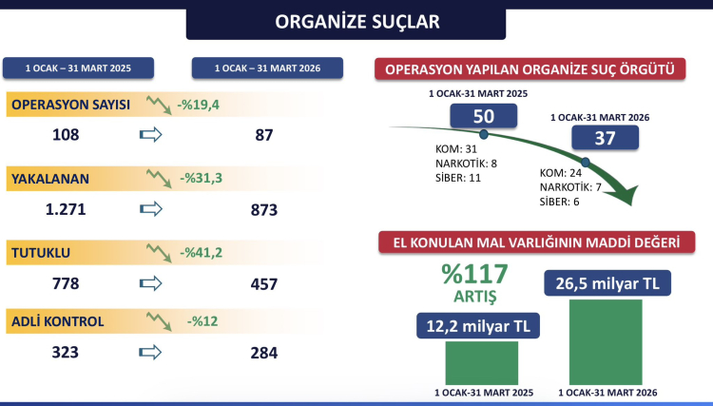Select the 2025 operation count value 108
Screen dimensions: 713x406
click(66, 135)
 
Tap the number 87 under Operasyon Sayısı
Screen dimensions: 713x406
click(263, 135)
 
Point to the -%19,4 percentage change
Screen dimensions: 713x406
click(199, 105)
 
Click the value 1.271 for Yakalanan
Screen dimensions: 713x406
click(66, 209)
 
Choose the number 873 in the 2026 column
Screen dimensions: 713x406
click(263, 209)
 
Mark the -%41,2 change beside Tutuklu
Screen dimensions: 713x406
click(201, 252)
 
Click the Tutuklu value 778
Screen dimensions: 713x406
click(66, 283)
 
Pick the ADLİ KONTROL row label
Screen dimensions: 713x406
click(57, 321)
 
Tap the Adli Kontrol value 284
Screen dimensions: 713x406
click(263, 353)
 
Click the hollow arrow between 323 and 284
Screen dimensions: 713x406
click(150, 353)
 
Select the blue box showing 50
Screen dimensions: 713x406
click(483, 116)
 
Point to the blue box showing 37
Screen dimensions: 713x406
click(605, 138)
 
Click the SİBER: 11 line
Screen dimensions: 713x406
click(458, 178)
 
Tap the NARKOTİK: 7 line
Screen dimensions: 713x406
click(570, 187)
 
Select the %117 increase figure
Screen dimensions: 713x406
click(474, 274)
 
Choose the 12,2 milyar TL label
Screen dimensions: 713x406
click(478, 326)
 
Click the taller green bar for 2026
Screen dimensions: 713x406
click(606, 342)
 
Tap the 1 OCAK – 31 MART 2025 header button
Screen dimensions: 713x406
click(78, 68)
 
